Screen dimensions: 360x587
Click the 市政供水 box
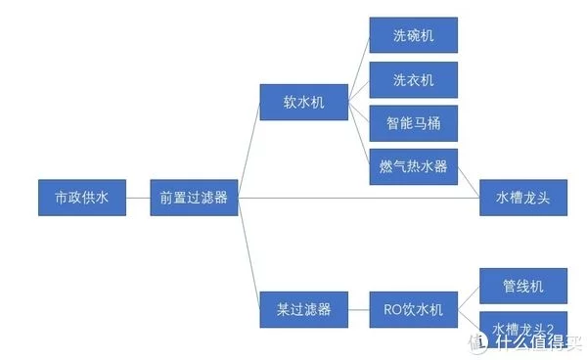point(82,198)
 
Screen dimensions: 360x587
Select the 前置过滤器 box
point(194,198)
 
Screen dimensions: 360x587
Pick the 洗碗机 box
point(413,36)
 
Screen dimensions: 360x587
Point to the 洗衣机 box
point(413,79)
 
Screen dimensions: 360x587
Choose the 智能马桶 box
point(413,122)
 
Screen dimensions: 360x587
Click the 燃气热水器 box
point(413,166)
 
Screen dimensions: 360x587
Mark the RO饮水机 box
point(413,310)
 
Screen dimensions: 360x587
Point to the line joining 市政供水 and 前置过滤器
point(138,198)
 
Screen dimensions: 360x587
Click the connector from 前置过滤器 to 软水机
point(248,150)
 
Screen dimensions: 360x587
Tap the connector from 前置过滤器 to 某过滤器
point(248,254)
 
